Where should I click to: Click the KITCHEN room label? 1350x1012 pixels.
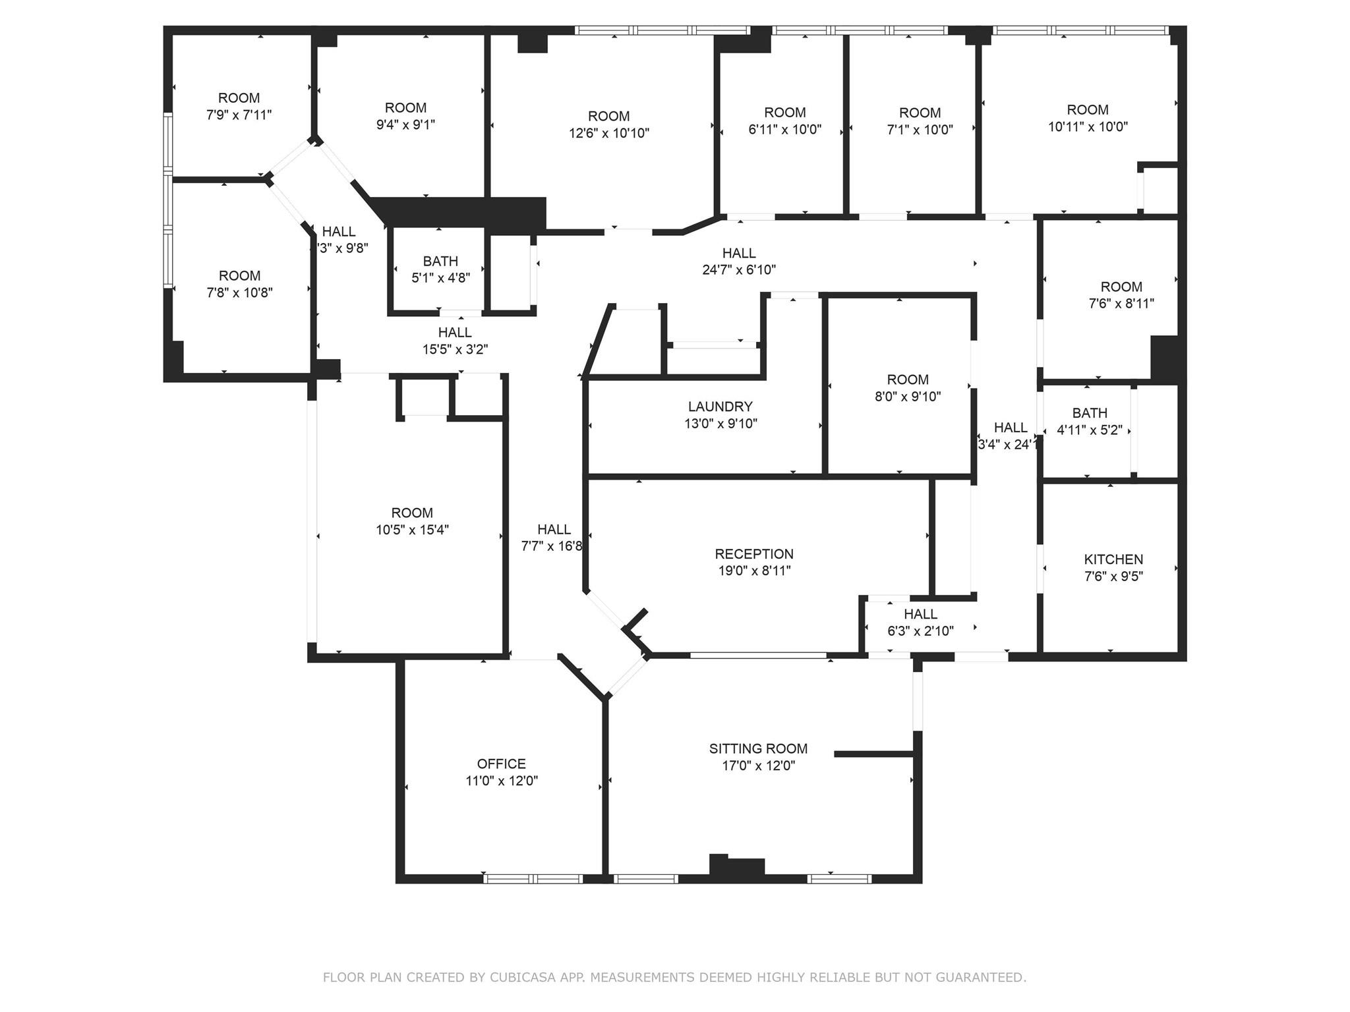(1113, 559)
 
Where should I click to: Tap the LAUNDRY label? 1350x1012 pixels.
(720, 407)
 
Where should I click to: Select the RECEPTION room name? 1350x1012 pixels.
(753, 554)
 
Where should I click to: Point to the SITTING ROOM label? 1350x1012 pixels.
(758, 748)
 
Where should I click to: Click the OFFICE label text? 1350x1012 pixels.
(501, 764)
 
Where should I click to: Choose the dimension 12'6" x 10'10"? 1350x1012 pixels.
(608, 133)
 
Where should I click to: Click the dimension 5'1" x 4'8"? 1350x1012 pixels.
(440, 278)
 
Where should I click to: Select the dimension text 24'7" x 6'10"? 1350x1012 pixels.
(738, 269)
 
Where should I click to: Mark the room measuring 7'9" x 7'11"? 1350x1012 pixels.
(239, 106)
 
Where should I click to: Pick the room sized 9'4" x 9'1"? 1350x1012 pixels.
(405, 116)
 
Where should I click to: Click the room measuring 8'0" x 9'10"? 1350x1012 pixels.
(907, 387)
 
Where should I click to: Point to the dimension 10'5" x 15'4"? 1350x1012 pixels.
(412, 530)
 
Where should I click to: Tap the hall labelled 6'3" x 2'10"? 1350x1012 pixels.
(920, 623)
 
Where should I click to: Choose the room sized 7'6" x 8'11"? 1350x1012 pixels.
(1121, 295)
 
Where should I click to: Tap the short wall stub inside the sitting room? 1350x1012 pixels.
(873, 754)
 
